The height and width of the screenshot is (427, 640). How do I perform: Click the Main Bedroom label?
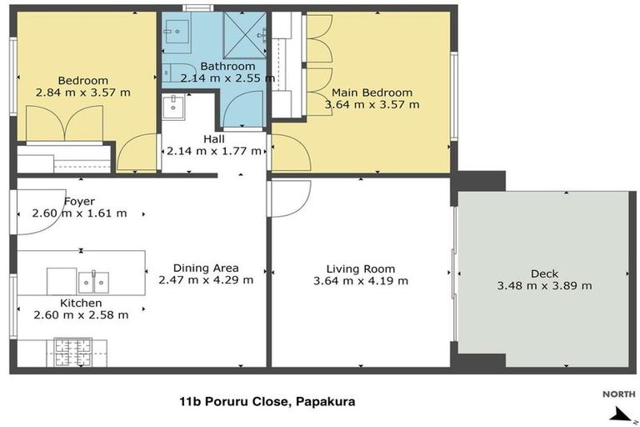(372, 93)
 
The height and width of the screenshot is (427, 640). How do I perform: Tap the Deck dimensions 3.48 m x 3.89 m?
(544, 285)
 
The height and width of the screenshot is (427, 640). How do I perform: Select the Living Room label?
(361, 269)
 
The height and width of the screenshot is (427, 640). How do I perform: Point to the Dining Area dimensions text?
(206, 280)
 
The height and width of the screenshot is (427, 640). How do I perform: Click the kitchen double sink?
(93, 282)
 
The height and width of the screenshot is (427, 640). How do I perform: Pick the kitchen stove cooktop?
(73, 352)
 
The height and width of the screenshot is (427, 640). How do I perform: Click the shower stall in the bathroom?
(245, 35)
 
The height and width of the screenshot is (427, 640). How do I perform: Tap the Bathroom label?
(227, 66)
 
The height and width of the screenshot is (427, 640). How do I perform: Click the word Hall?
(214, 139)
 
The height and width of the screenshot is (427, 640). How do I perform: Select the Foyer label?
(80, 202)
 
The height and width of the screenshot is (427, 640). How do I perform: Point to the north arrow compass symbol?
(622, 414)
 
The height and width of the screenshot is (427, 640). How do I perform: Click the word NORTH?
(619, 394)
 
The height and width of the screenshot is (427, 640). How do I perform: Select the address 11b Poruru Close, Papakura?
(267, 402)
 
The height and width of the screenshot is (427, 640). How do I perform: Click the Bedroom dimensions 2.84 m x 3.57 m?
(83, 93)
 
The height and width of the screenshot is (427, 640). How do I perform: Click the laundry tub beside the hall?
(173, 107)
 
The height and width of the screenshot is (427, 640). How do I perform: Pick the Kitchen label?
(81, 304)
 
